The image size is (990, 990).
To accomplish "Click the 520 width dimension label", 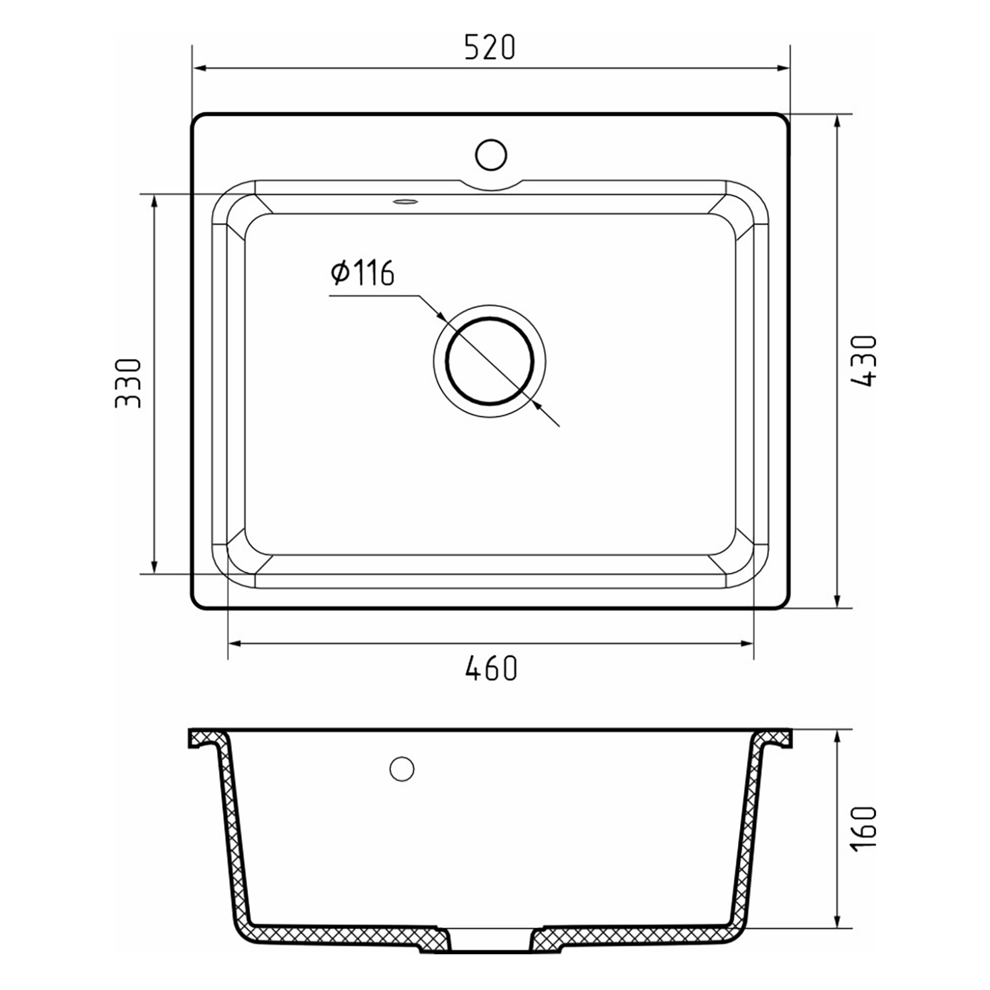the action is pyautogui.click(x=489, y=48).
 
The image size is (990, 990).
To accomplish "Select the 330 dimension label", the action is pyautogui.click(x=129, y=383).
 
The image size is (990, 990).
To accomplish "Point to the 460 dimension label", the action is pyautogui.click(x=491, y=668).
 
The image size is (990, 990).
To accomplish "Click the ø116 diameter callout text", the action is pyautogui.click(x=363, y=273).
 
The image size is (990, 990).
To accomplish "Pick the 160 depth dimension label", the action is pyautogui.click(x=864, y=829).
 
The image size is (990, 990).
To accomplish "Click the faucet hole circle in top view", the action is pyautogui.click(x=491, y=155).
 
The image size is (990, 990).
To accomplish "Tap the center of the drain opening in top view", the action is pyautogui.click(x=489, y=361).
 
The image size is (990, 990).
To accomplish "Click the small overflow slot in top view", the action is pyautogui.click(x=406, y=200).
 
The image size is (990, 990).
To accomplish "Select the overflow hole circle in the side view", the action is pyautogui.click(x=402, y=769).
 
